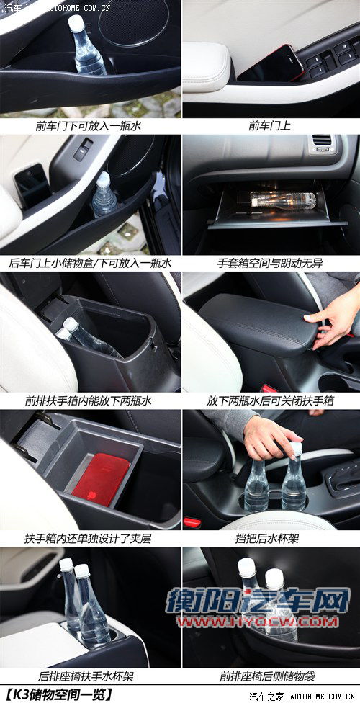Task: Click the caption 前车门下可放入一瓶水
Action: point(89,126)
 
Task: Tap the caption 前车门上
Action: point(270,126)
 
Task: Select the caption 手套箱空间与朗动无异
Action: point(270,263)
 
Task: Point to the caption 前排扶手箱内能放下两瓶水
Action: point(89,400)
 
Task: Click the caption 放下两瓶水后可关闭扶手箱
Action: point(270,400)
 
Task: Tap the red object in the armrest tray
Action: point(100,479)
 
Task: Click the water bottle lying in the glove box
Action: point(283,199)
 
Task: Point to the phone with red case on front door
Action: point(271,63)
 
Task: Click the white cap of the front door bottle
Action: point(76,23)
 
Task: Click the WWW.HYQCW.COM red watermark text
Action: point(257,621)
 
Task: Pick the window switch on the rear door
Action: point(84,149)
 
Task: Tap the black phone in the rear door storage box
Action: point(32,185)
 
